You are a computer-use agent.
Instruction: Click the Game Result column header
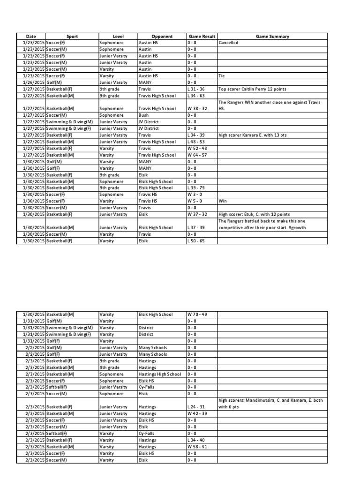tap(201, 36)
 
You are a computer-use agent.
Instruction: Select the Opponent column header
tap(162, 36)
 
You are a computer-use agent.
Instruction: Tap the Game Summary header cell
tap(272, 36)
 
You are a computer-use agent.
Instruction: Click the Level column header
tap(118, 36)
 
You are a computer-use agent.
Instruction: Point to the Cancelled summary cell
tap(228, 43)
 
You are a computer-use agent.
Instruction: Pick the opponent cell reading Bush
tap(143, 115)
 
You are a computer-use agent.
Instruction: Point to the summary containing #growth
tap(272, 224)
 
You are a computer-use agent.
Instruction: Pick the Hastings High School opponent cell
tap(160, 374)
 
